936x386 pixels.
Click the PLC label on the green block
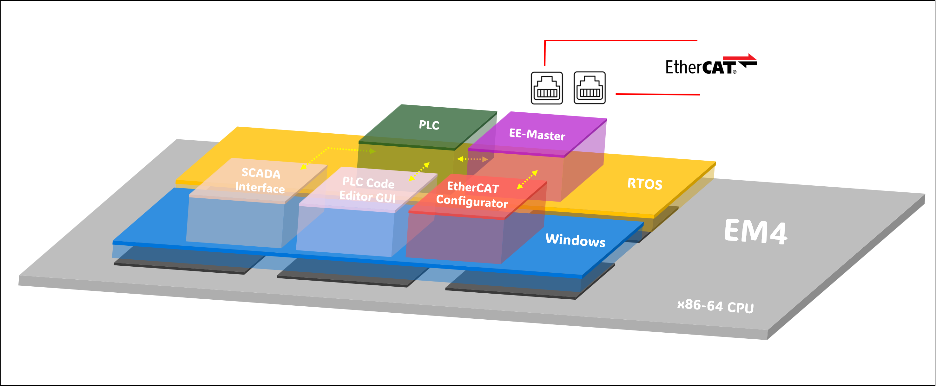click(x=429, y=125)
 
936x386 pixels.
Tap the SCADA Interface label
click(x=260, y=180)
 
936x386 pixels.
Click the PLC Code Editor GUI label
click(x=368, y=190)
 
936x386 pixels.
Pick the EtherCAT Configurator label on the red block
click(x=472, y=195)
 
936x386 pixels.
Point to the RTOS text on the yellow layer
click(x=645, y=184)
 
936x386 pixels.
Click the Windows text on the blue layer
click(x=575, y=240)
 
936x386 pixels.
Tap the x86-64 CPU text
click(x=715, y=306)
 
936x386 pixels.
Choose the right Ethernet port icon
click(x=589, y=88)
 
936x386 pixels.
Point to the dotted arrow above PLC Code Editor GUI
click(x=419, y=171)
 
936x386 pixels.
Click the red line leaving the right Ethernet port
click(x=658, y=94)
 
